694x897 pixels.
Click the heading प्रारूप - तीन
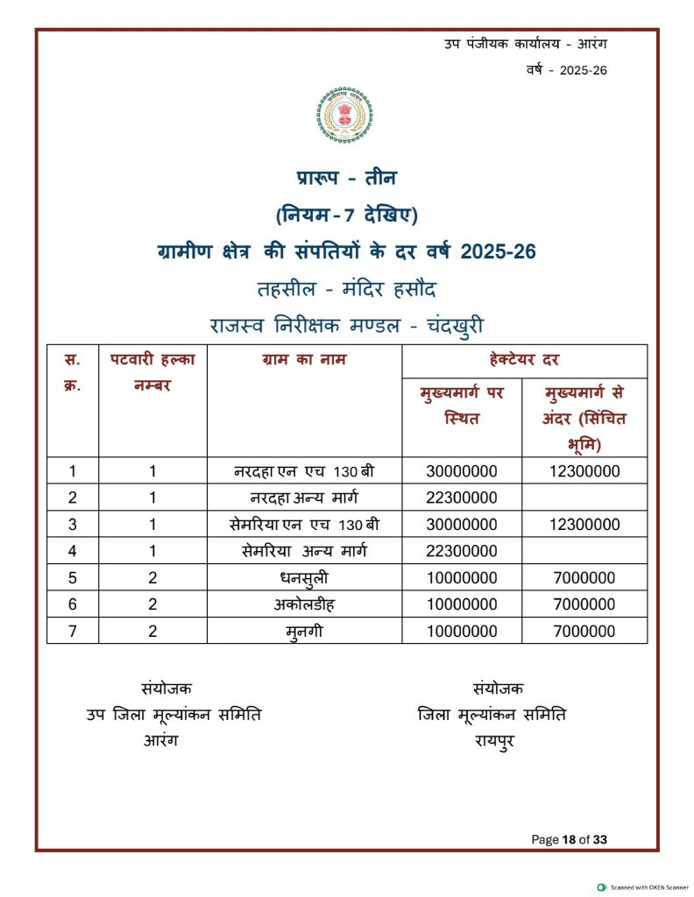point(346,178)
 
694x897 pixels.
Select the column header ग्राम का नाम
point(304,360)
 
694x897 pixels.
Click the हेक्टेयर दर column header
point(524,360)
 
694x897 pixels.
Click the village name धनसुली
point(304,578)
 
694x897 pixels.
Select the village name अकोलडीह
point(304,604)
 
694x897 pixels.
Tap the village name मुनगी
point(304,632)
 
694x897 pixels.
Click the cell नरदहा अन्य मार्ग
point(304,498)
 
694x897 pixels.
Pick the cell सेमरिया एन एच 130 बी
point(304,525)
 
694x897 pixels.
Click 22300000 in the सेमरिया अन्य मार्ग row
point(462,551)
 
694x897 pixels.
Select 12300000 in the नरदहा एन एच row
point(584,471)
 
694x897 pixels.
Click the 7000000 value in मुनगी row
point(584,631)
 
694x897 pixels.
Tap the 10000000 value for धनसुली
point(462,578)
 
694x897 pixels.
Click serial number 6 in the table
point(73,604)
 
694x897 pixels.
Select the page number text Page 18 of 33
point(570,839)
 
